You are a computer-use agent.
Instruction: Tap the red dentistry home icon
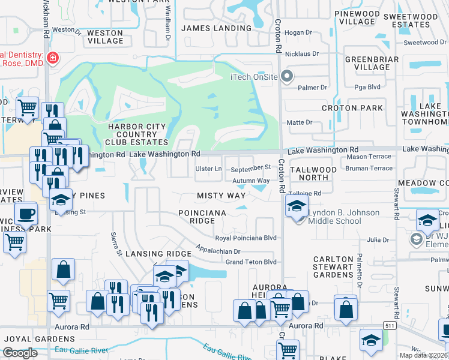[x=53, y=58]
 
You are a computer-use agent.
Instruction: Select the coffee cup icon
[x=26, y=213]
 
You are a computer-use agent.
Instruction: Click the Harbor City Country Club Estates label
[x=132, y=134]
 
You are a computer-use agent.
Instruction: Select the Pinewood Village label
[x=357, y=17]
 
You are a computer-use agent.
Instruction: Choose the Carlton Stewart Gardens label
[x=333, y=267]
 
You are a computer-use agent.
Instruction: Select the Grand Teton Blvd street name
[x=250, y=262]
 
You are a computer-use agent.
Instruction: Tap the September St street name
[x=251, y=168]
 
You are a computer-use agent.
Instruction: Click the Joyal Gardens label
[x=26, y=338]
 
